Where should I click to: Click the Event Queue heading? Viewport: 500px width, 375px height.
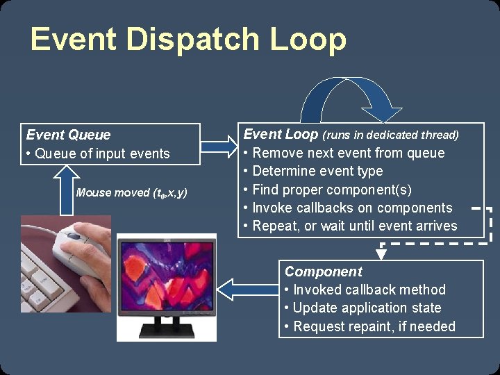(x=68, y=135)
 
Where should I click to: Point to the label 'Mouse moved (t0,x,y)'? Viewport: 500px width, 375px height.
(x=131, y=192)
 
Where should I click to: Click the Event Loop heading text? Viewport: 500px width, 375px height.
(x=281, y=134)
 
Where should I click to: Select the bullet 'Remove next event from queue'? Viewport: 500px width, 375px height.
(x=348, y=153)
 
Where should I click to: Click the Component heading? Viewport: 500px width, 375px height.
(x=324, y=272)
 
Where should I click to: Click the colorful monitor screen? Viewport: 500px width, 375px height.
(x=166, y=274)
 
